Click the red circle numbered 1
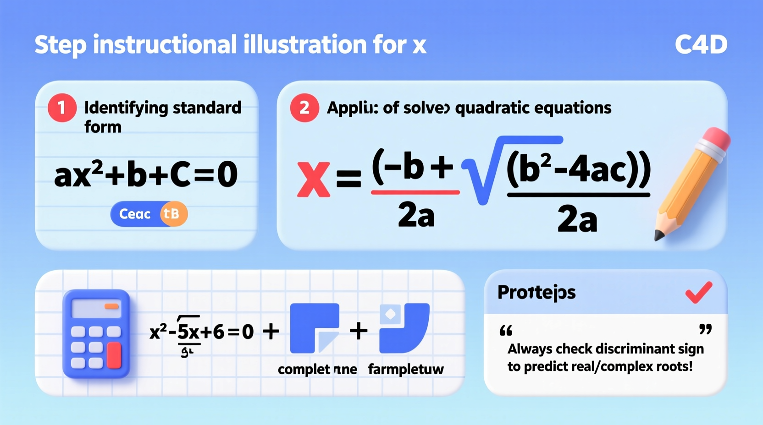click(x=62, y=108)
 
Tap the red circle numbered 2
click(x=304, y=108)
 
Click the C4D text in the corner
click(x=701, y=45)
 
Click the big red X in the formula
click(x=313, y=180)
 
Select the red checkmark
click(x=699, y=293)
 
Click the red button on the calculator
click(x=114, y=355)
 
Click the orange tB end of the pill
click(x=173, y=214)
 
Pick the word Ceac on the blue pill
click(x=135, y=214)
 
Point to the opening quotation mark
click(x=506, y=331)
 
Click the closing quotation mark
click(x=705, y=329)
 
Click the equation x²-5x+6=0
click(x=202, y=332)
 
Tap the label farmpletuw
click(x=406, y=370)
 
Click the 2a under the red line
click(x=416, y=215)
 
